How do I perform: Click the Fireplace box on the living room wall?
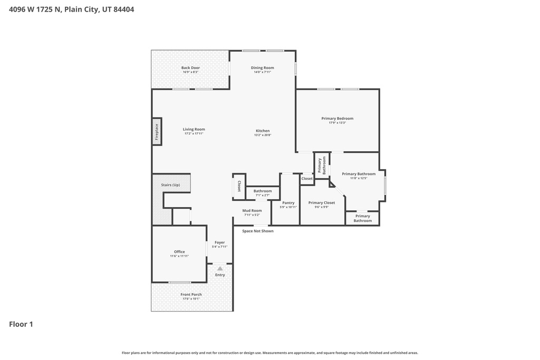click(x=157, y=131)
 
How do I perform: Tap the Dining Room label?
click(x=262, y=67)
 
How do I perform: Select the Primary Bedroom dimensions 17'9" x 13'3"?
click(x=337, y=123)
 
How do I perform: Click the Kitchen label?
click(x=263, y=131)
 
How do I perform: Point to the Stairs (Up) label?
click(x=170, y=185)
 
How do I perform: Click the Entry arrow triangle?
click(x=220, y=268)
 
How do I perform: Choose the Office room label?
click(x=179, y=251)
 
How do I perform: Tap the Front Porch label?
click(x=191, y=295)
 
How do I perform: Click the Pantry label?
click(x=288, y=202)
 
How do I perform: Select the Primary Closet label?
click(x=322, y=202)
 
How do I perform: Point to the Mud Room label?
click(x=252, y=210)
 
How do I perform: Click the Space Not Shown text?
click(x=257, y=231)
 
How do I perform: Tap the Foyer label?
click(x=219, y=242)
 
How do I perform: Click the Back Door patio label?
click(x=190, y=67)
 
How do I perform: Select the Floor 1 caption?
click(x=21, y=324)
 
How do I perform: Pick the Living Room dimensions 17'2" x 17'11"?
click(x=194, y=134)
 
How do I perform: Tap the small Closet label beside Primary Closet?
click(x=307, y=179)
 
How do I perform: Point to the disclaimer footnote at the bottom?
click(x=270, y=353)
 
